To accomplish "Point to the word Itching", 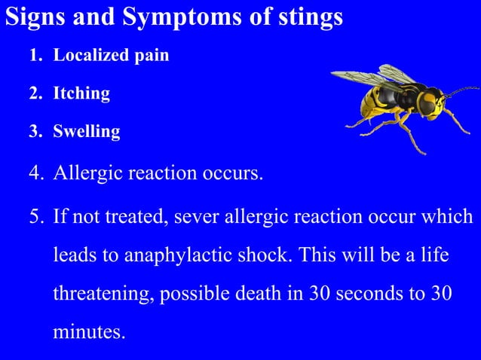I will click(x=81, y=94).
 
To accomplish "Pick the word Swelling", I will click(x=87, y=132).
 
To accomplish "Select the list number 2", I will click(x=35, y=94).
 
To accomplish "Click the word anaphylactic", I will click(x=191, y=255).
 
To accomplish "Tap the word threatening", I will click(x=102, y=294).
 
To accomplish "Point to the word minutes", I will click(x=88, y=331).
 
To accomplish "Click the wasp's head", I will click(x=430, y=102).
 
